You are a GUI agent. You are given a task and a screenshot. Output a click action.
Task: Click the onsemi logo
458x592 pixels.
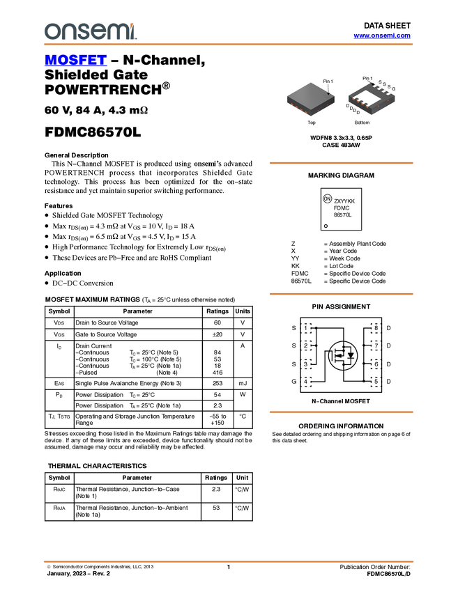[x=89, y=31]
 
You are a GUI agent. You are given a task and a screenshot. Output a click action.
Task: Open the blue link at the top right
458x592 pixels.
[x=382, y=36]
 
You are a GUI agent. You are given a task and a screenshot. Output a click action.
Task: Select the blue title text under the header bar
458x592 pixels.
[x=75, y=61]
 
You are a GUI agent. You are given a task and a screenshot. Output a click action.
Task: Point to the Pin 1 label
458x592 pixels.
[x=328, y=81]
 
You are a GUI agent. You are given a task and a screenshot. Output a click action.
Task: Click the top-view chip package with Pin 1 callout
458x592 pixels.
[x=310, y=99]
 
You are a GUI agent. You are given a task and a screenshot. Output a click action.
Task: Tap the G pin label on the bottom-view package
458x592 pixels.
[x=394, y=89]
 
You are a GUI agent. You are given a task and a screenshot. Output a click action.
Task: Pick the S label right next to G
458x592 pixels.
[x=389, y=87]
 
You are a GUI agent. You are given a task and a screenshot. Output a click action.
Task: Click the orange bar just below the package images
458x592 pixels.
[x=341, y=163]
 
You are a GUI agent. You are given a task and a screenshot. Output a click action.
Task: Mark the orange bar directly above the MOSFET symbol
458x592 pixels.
[x=341, y=294]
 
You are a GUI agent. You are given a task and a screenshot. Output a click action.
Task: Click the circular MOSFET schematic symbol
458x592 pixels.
[x=343, y=355]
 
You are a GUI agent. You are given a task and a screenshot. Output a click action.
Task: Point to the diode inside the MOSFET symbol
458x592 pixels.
[x=351, y=355]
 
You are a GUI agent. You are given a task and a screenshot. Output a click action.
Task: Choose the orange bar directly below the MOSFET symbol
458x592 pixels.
[x=341, y=412]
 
